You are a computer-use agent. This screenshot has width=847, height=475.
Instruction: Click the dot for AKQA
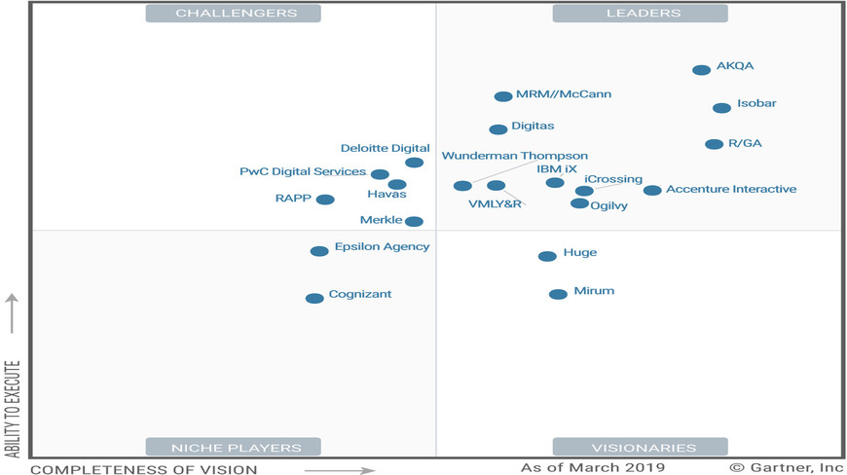coord(701,70)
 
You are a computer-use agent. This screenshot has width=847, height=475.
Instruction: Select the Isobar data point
coord(721,108)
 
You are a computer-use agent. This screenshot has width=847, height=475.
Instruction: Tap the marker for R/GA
coord(715,144)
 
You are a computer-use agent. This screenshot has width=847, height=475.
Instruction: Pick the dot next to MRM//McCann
coord(503,96)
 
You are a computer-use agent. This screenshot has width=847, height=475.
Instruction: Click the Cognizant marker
coord(314,299)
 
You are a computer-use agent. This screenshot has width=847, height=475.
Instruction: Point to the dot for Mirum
coord(558,294)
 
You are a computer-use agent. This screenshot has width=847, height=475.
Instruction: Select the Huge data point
coord(547,256)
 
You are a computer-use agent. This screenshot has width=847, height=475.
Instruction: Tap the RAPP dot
coord(325,200)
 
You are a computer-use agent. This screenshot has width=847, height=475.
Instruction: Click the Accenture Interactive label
coord(731,189)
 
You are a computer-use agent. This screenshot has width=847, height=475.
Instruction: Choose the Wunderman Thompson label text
coord(515,156)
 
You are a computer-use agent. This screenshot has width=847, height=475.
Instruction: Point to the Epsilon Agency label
coord(382,247)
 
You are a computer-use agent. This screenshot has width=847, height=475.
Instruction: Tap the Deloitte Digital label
coord(385,149)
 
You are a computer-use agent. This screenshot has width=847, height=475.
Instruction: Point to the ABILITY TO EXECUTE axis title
coord(12,409)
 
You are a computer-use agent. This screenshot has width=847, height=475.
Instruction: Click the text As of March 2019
coord(592,468)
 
